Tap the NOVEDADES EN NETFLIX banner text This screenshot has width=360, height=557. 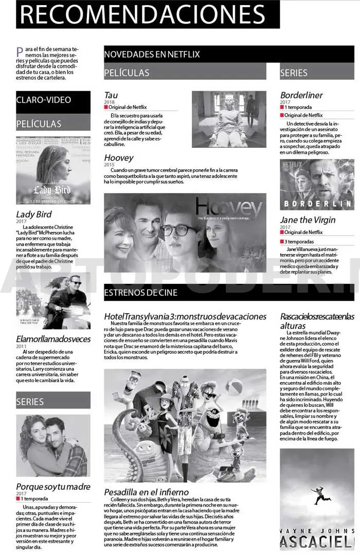point(152,54)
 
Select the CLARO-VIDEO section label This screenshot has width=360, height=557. point(44,100)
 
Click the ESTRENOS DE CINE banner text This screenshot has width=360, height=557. point(140,293)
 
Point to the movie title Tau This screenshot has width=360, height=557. point(111,95)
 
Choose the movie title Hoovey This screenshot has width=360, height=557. point(119,158)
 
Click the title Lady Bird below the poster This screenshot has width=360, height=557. point(34,214)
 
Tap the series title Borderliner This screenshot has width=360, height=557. point(301,95)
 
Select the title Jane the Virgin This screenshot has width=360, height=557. point(308,220)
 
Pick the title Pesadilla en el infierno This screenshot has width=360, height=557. point(146,492)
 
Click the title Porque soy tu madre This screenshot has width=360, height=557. point(53,487)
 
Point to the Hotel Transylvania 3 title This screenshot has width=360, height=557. point(185,316)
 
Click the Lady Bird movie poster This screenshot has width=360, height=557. point(53,170)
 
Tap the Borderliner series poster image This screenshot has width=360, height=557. point(317,184)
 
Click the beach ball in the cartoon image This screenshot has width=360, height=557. point(233,387)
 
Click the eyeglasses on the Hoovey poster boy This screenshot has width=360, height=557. point(178,230)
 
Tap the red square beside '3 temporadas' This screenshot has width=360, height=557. point(282,242)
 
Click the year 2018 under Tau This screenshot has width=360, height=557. point(110,102)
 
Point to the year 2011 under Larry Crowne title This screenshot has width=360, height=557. point(21,347)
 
